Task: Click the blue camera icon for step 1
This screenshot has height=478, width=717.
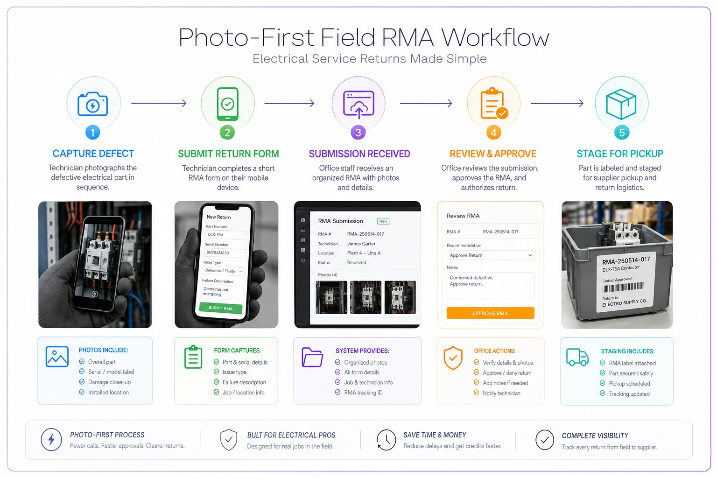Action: [x=92, y=104]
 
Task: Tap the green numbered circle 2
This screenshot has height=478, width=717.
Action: [x=227, y=133]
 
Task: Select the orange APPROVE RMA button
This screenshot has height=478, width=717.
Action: [x=490, y=313]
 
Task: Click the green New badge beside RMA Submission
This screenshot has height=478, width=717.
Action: [x=383, y=221]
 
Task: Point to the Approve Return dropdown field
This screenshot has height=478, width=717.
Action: [x=490, y=255]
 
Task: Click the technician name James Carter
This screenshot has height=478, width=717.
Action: [x=361, y=244]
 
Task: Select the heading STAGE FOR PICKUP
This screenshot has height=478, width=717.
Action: [x=620, y=154]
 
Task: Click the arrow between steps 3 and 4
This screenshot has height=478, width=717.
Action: [x=426, y=103]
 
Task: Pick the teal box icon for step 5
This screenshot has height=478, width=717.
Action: [x=621, y=104]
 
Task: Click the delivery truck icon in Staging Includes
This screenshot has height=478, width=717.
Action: [x=577, y=357]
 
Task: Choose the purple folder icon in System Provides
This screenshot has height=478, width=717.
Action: [x=312, y=357]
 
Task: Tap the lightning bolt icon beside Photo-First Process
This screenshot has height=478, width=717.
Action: [x=51, y=440]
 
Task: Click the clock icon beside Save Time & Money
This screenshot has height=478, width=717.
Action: [x=386, y=440]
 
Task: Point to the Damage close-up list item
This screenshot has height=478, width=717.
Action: [x=105, y=382]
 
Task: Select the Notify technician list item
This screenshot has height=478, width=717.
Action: [x=497, y=393]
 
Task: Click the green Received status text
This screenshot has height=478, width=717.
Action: [x=357, y=262]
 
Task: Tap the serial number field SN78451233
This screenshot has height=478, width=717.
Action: [x=225, y=253]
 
